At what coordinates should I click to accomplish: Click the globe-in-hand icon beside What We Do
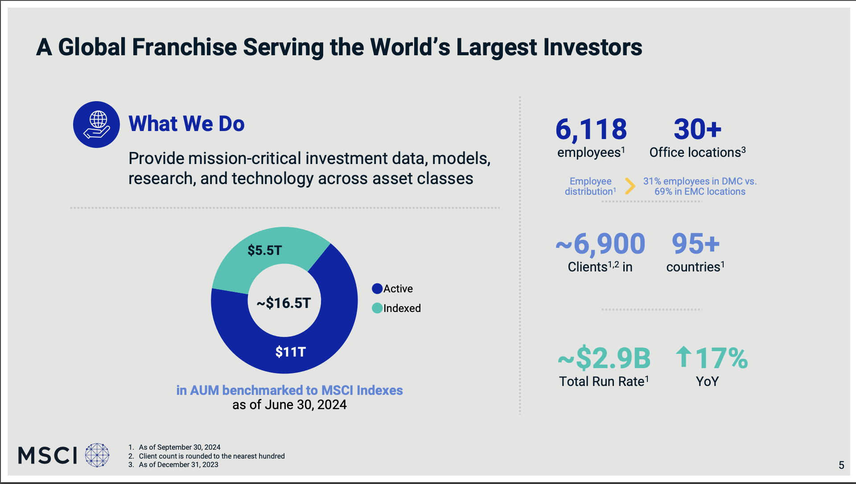96,124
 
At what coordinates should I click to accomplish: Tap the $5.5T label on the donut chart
265,250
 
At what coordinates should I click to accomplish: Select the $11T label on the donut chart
290,352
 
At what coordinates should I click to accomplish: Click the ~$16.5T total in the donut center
284,303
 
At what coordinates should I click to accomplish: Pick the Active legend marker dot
377,289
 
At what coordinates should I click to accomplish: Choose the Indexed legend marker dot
377,308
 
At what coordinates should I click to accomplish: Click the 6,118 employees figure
591,129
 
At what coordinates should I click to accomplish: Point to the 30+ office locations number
697,129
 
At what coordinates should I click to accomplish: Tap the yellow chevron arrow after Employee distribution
630,186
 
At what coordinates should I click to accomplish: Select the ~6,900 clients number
600,244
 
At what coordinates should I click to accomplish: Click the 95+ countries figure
695,244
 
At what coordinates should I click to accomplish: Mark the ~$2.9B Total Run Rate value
604,358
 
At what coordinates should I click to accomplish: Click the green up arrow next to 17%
683,357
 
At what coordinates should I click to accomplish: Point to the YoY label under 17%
707,381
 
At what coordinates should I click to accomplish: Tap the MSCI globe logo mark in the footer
97,455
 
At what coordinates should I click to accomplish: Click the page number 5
841,465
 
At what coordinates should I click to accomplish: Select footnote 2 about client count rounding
211,456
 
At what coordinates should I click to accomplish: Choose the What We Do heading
186,124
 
